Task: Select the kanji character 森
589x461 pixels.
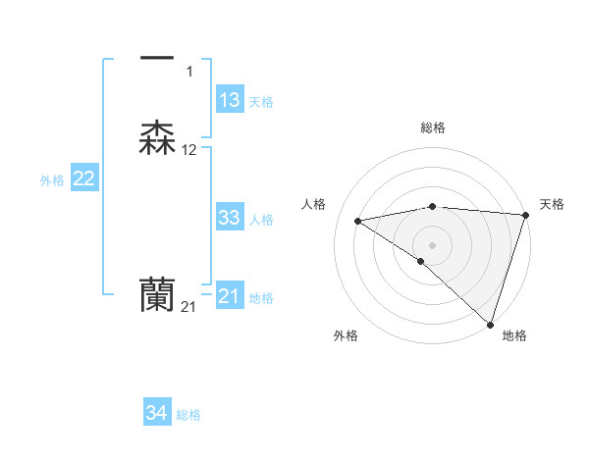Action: [x=158, y=138]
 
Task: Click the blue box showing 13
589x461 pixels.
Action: [x=230, y=100]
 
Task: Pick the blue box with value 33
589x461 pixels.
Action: [x=230, y=218]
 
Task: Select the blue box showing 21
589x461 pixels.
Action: [x=230, y=296]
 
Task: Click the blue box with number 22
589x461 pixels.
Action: [x=84, y=179]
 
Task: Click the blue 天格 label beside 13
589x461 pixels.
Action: [x=261, y=102]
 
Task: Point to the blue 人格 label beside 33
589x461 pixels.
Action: [x=261, y=220]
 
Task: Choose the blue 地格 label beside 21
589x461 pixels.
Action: [x=261, y=298]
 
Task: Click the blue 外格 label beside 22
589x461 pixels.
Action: [x=52, y=180]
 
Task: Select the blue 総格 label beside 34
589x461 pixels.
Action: [x=188, y=416]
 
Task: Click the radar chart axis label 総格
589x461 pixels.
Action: [x=433, y=128]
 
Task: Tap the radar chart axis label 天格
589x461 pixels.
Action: [x=552, y=204]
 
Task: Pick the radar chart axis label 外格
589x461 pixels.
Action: [x=346, y=335]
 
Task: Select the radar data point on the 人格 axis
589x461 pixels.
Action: [x=358, y=221]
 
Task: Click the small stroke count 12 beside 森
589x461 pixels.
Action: [x=189, y=150]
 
